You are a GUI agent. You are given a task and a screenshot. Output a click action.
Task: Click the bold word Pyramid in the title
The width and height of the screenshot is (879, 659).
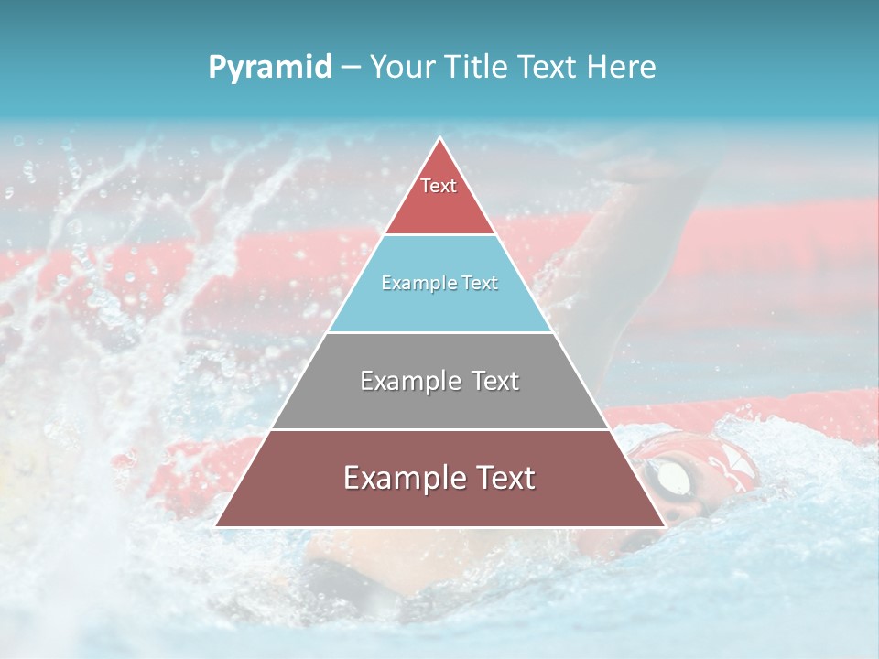pyautogui.click(x=269, y=68)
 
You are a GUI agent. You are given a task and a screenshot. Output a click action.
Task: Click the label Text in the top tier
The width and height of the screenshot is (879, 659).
pyautogui.click(x=439, y=186)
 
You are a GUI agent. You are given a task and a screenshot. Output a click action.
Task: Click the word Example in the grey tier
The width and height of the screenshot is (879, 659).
pyautogui.click(x=409, y=381)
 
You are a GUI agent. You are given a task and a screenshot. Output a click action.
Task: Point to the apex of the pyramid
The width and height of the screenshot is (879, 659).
pyautogui.click(x=440, y=139)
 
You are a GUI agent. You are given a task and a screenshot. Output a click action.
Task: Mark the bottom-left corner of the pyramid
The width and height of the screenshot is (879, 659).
pyautogui.click(x=216, y=526)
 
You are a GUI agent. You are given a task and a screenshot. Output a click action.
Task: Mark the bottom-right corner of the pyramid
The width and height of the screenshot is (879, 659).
pyautogui.click(x=665, y=526)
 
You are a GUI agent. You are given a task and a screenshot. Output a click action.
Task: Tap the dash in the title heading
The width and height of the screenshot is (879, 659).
pyautogui.click(x=350, y=68)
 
